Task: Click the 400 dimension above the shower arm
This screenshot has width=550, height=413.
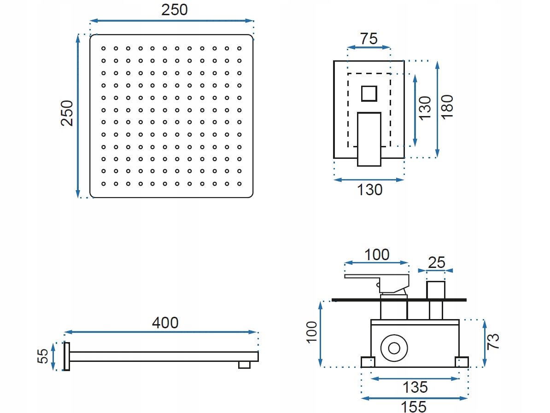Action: coord(165,323)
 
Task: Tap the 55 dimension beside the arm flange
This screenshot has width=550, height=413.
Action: coord(43,356)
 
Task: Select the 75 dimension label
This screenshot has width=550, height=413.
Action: coord(369,39)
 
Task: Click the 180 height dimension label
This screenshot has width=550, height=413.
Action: coord(447,106)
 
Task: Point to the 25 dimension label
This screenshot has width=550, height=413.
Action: coord(436,262)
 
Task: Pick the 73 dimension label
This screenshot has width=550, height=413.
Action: coord(493,341)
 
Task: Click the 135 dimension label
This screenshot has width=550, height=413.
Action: coord(415,387)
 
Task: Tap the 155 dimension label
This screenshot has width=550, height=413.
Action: coord(413,407)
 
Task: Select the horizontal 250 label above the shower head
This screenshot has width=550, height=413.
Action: coord(174,10)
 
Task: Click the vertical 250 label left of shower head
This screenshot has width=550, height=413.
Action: coord(67,113)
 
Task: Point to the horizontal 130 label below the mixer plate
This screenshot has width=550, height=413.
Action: coord(369,189)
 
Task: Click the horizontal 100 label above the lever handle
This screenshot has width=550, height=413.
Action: coord(376,254)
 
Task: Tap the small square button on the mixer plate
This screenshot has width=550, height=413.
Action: coord(369,93)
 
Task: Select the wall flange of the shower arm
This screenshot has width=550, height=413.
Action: coord(67,357)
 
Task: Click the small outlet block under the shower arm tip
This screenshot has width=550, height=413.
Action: coord(244,365)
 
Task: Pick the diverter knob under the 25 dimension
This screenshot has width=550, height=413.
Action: coord(436,290)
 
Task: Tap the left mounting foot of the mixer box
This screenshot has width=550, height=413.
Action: coord(368,362)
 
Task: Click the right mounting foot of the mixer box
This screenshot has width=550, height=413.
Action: coord(462,362)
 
